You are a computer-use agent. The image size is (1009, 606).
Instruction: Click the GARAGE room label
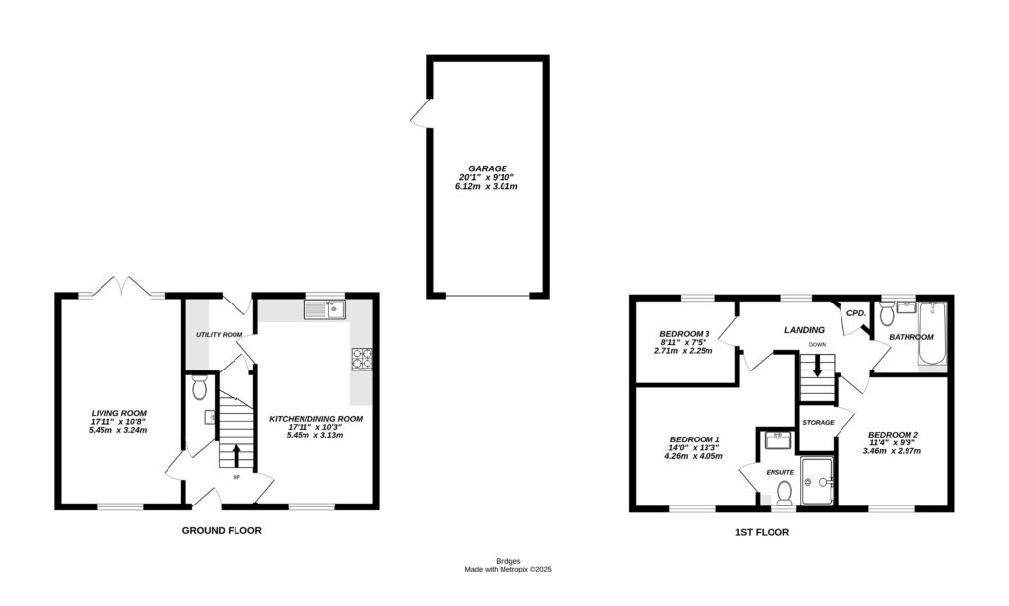pyautogui.click(x=487, y=168)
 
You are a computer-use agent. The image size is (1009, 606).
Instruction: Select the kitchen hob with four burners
pyautogui.click(x=362, y=360)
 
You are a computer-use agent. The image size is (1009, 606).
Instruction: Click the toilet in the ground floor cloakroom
pyautogui.click(x=200, y=388)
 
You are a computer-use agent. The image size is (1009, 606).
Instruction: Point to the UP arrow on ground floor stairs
pyautogui.click(x=236, y=455)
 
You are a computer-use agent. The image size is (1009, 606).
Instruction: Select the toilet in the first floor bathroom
pyautogui.click(x=887, y=314)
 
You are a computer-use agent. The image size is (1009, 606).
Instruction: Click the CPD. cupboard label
pyautogui.click(x=855, y=313)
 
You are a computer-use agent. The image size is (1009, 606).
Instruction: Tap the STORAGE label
pyautogui.click(x=818, y=422)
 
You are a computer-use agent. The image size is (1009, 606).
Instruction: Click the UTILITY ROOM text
pyautogui.click(x=219, y=335)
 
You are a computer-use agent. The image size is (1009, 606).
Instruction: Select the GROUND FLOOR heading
pyautogui.click(x=222, y=530)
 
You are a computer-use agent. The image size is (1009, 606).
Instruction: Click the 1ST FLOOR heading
pyautogui.click(x=762, y=532)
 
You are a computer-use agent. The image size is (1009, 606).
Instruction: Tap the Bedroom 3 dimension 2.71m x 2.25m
pyautogui.click(x=683, y=350)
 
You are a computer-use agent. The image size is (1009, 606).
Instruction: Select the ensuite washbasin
pyautogui.click(x=774, y=438)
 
